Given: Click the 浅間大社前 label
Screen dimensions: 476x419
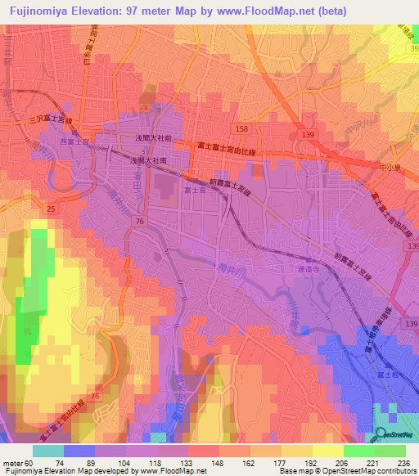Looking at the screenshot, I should point(153,139).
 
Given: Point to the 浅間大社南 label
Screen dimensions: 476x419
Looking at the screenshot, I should point(150,162).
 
